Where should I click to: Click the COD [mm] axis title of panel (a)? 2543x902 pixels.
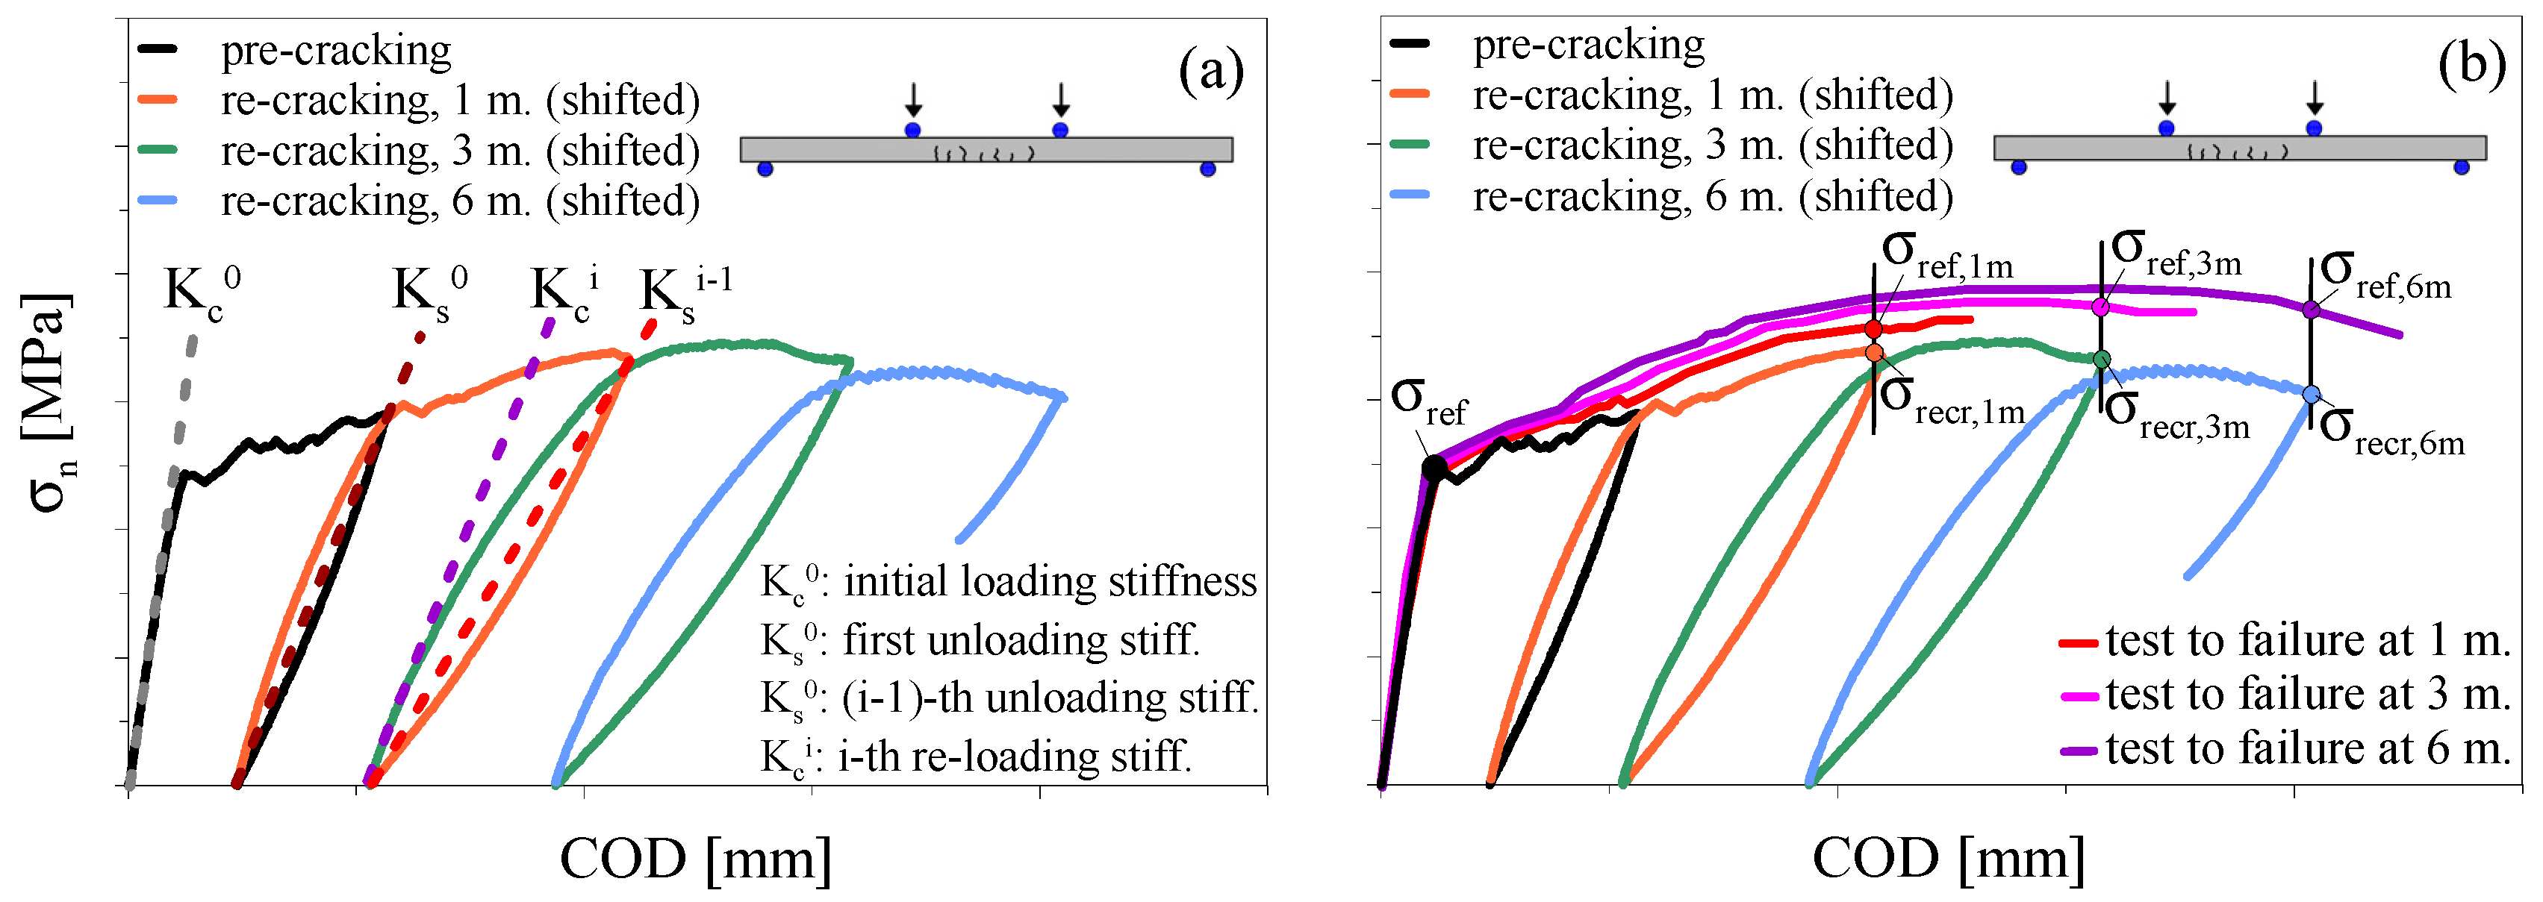click(x=695, y=859)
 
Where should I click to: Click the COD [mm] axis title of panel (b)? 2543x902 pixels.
click(x=1948, y=859)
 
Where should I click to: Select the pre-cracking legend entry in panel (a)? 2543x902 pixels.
click(x=336, y=49)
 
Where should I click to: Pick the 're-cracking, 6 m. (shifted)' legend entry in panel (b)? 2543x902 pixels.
click(x=1713, y=196)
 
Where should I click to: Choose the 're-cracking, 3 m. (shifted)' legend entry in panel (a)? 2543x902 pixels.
click(x=460, y=150)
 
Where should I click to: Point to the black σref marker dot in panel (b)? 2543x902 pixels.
click(x=1434, y=469)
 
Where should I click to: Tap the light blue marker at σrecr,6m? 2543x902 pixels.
click(x=2311, y=394)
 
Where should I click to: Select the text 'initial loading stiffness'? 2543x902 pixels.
click(x=1050, y=581)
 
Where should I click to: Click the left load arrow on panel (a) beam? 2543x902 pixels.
click(x=913, y=98)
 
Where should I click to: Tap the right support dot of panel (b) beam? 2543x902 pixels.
click(x=2461, y=168)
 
